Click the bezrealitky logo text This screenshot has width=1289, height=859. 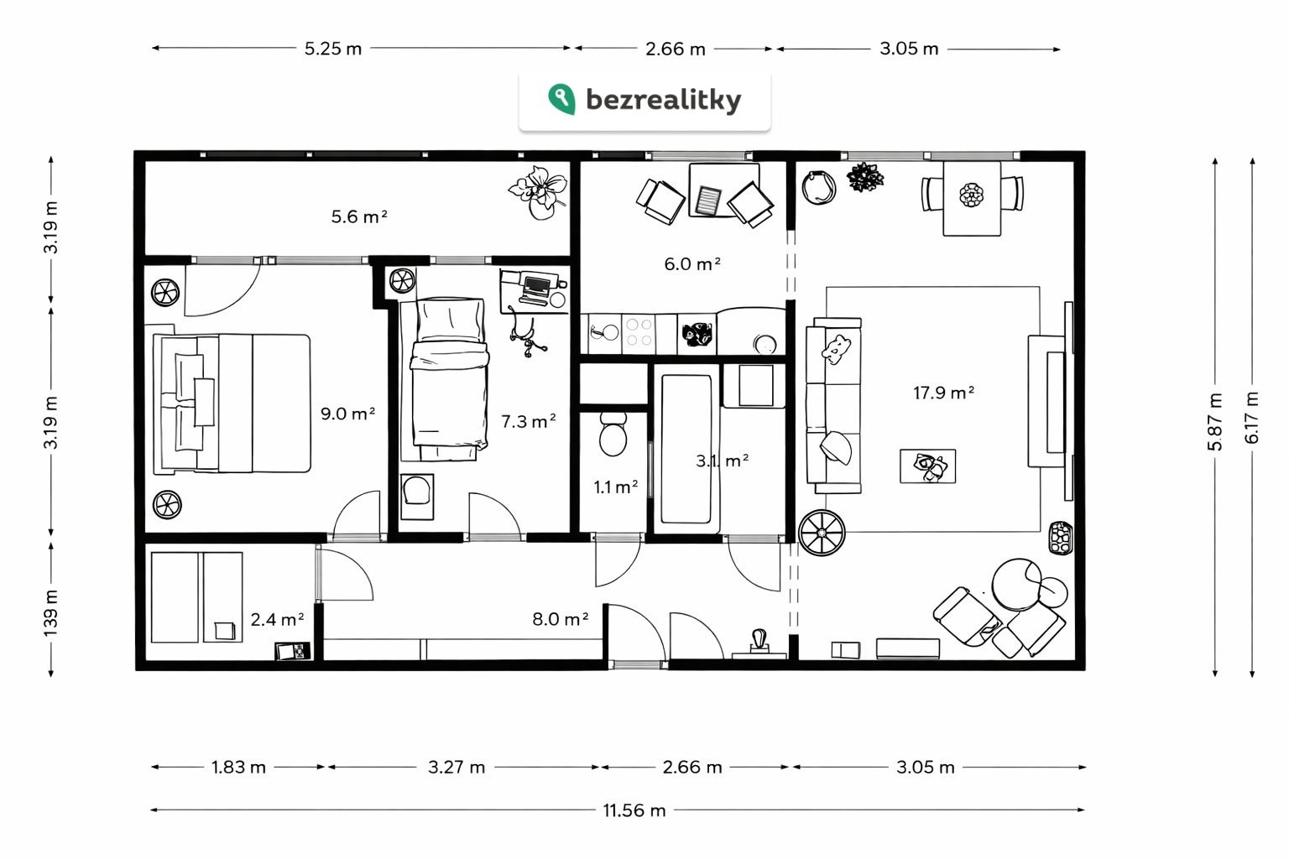(x=663, y=100)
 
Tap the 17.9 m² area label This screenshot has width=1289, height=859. (x=944, y=393)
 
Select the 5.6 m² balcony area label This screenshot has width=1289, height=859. (x=359, y=216)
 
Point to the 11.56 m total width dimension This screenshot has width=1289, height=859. (x=634, y=810)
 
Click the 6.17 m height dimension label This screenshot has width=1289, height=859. (x=1251, y=417)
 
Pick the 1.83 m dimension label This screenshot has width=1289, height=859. (x=238, y=767)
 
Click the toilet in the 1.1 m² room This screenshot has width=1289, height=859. (x=613, y=434)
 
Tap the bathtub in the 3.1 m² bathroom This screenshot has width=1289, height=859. (x=686, y=450)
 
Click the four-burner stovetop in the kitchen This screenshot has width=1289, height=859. (x=639, y=333)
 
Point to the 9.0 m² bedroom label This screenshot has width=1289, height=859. (x=347, y=414)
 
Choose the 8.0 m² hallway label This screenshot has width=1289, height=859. (x=560, y=619)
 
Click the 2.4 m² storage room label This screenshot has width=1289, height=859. (x=278, y=620)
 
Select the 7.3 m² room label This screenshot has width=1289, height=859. (x=528, y=422)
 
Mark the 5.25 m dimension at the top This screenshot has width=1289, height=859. (x=332, y=49)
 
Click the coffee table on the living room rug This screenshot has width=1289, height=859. (x=927, y=466)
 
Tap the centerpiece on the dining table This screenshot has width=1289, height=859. (x=971, y=195)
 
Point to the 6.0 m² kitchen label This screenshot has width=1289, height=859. (x=692, y=264)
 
